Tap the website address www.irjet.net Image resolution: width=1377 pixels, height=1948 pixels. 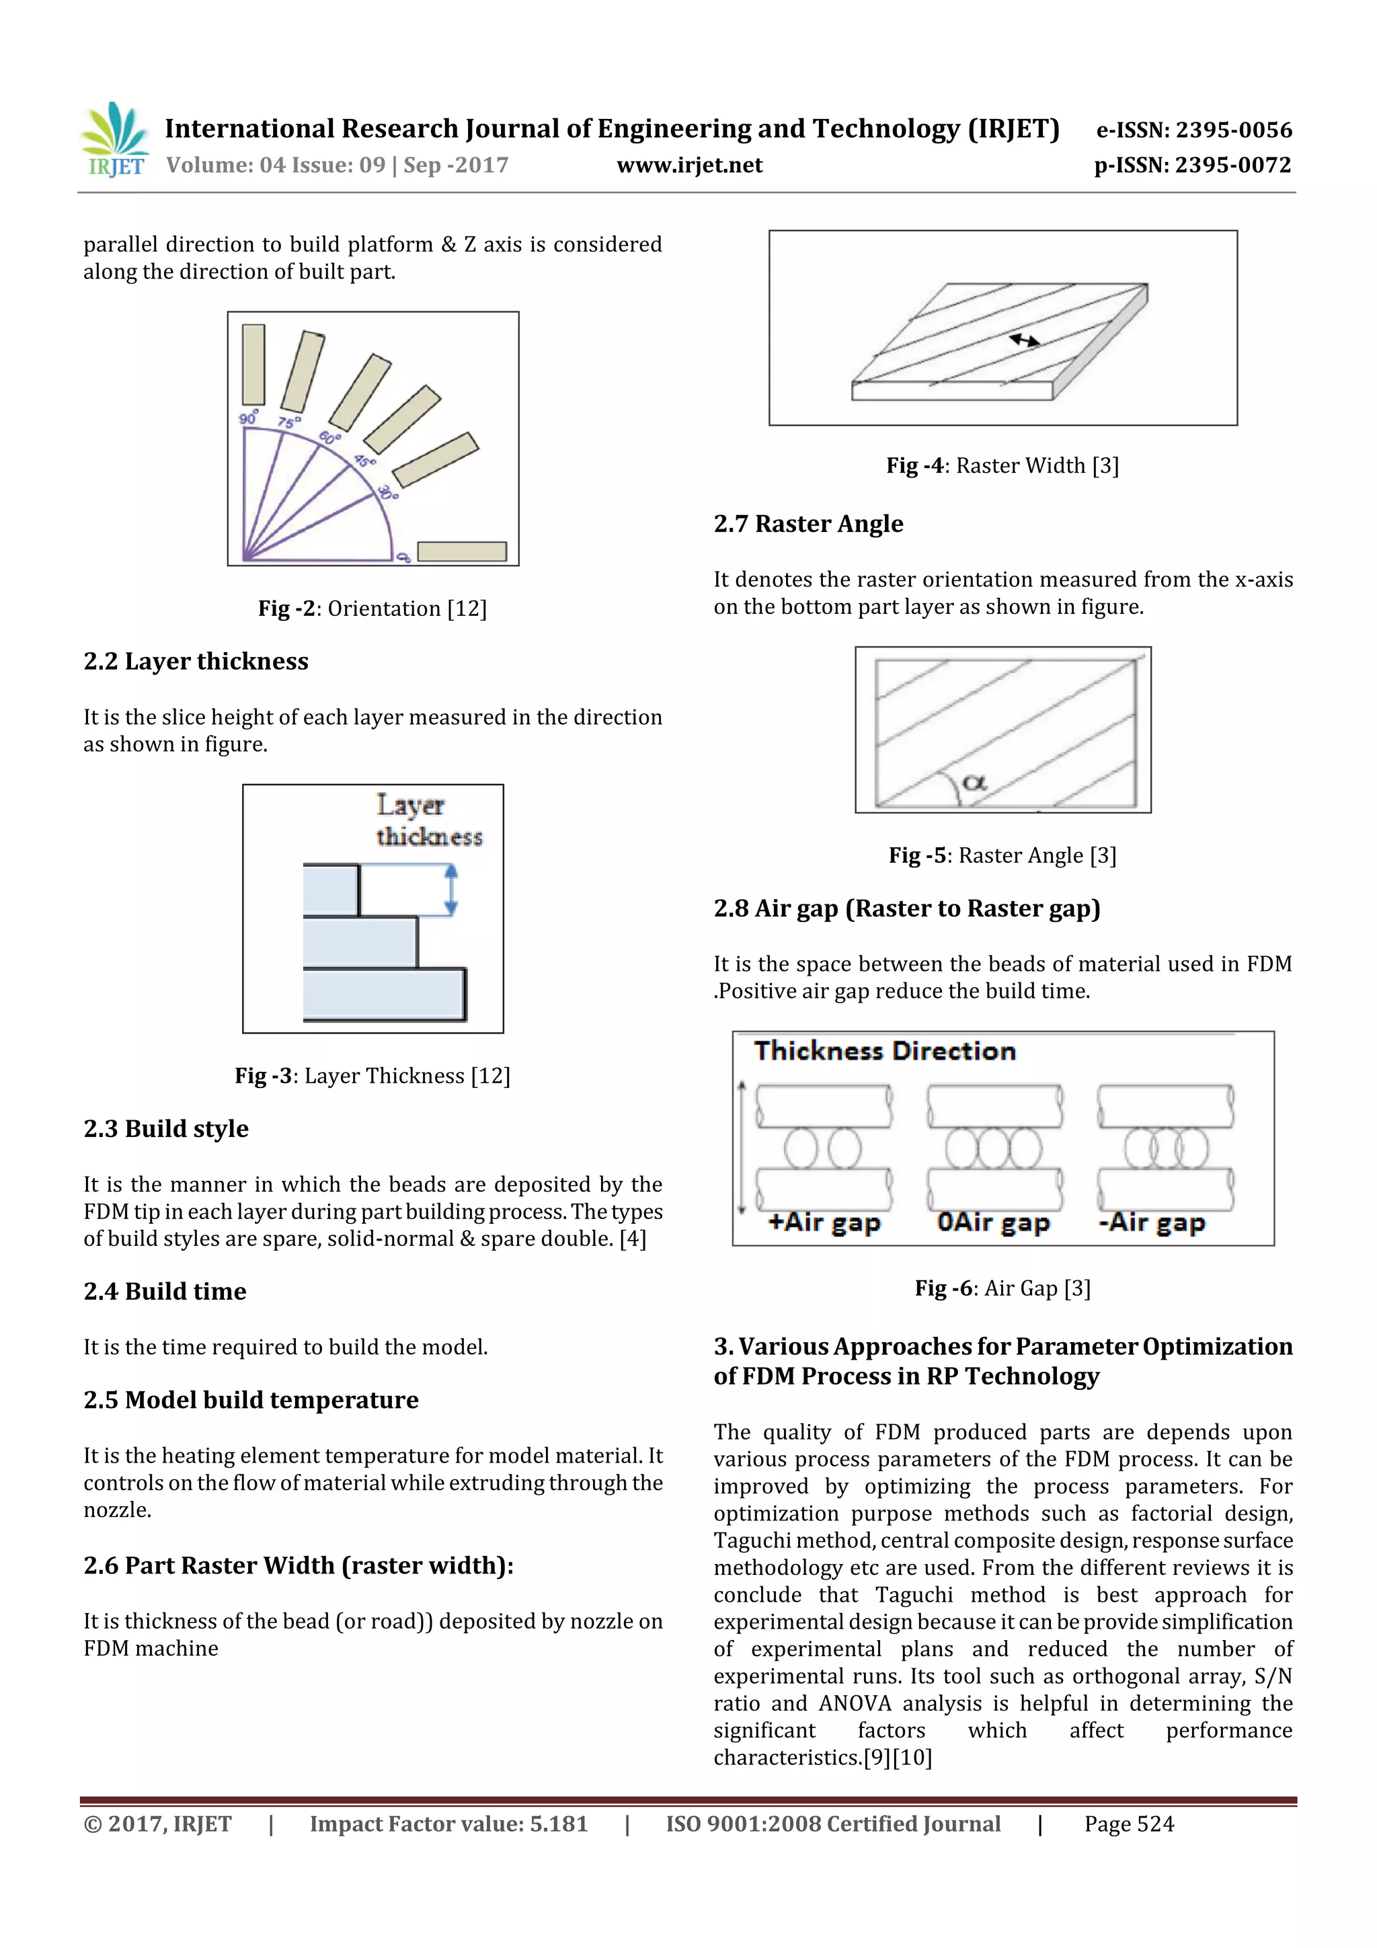pyautogui.click(x=689, y=165)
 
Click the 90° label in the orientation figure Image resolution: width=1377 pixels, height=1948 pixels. pyautogui.click(x=249, y=418)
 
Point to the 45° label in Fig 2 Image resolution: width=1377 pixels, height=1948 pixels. pyautogui.click(x=365, y=461)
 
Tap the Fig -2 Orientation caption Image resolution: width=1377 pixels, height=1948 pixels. pyautogui.click(x=372, y=609)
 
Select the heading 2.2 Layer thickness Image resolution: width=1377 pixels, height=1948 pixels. pyautogui.click(x=196, y=661)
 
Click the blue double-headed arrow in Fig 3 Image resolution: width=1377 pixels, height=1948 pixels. pyautogui.click(x=450, y=890)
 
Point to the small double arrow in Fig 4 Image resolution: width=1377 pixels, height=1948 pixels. pyautogui.click(x=1024, y=340)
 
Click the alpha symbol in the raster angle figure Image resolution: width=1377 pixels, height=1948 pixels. pyautogui.click(x=974, y=782)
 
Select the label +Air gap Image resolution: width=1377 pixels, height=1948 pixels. pyautogui.click(x=824, y=1222)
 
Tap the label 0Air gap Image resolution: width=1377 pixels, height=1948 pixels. pyautogui.click(x=992, y=1222)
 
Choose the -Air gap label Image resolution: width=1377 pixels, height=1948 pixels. pyautogui.click(x=1151, y=1222)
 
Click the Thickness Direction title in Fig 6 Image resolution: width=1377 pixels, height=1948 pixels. pyautogui.click(x=884, y=1051)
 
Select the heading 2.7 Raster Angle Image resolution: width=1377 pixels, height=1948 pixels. pyautogui.click(x=808, y=524)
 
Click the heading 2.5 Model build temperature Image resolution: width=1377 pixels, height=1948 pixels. pyautogui.click(x=251, y=1400)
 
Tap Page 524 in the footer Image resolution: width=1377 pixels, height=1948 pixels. pyautogui.click(x=1128, y=1824)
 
